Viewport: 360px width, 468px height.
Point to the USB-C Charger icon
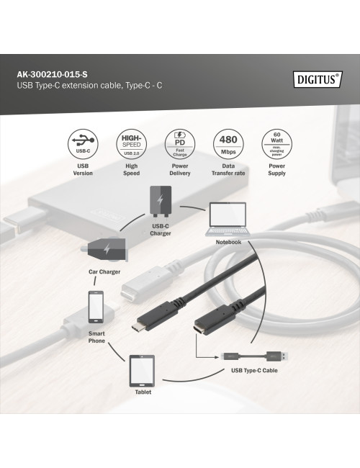tap(160, 201)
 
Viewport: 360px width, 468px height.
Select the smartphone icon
tap(96, 307)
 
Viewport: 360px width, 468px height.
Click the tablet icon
tap(143, 372)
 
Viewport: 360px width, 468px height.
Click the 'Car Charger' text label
tap(105, 272)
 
